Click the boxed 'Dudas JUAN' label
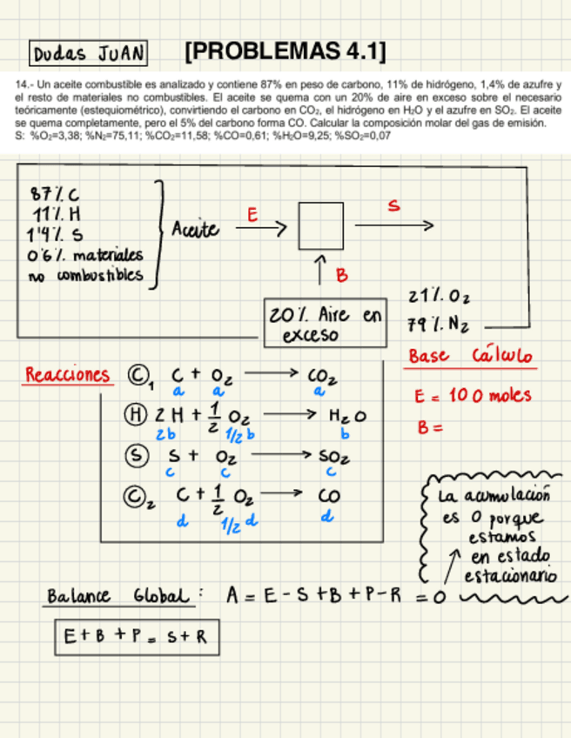tap(87, 54)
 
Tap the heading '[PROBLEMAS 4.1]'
tap(285, 50)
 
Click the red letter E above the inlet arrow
tap(252, 212)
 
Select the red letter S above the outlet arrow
tap(394, 206)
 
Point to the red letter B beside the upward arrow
tap(342, 275)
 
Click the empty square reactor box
tap(320, 226)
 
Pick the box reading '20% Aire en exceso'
tap(324, 323)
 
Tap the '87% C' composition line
tap(60, 193)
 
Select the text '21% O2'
tap(437, 298)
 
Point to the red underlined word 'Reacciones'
tap(68, 375)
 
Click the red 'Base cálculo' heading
tap(471, 358)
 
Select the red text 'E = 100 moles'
tap(473, 396)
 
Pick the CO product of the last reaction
tap(326, 495)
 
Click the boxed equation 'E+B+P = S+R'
tap(135, 636)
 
